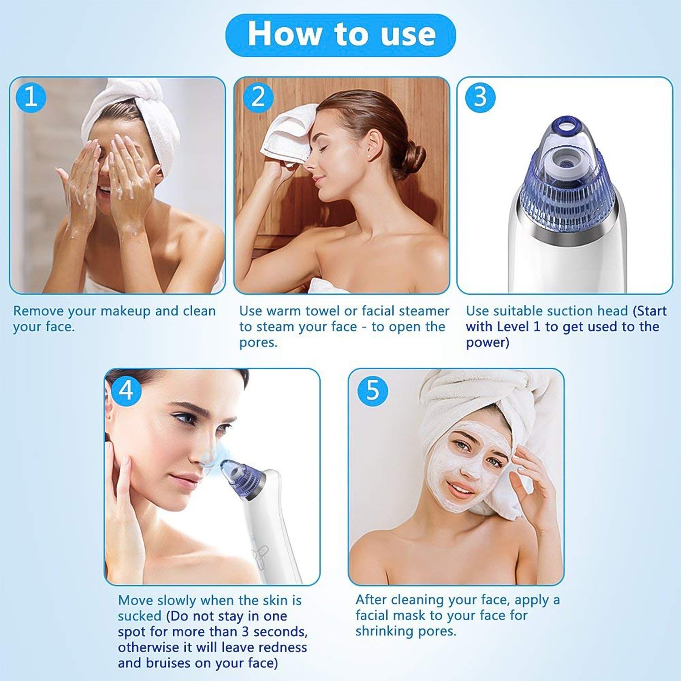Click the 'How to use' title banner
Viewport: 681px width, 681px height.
coord(340,35)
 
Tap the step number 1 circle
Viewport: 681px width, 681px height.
coord(31,97)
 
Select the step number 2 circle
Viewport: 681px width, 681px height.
coord(258,97)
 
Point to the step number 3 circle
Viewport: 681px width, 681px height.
coord(480,97)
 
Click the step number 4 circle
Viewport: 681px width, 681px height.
coord(126,390)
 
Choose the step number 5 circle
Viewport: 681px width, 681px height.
coord(372,390)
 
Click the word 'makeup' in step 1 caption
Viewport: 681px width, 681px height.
coord(125,311)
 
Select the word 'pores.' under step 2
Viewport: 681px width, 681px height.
coord(258,343)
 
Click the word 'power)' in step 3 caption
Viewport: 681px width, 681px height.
coord(487,343)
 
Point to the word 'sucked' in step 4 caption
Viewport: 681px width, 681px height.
coord(139,616)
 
